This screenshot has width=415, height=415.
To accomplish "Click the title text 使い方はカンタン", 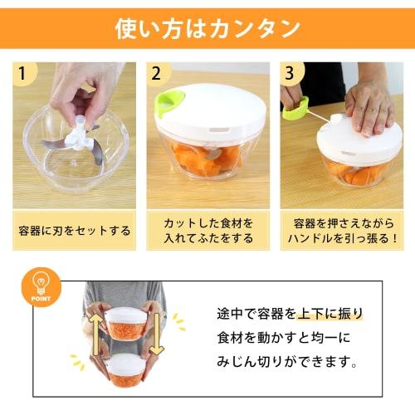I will point(207,29).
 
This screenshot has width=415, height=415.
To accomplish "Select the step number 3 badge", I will point(290,73).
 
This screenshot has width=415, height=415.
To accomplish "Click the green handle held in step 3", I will point(295,108).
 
